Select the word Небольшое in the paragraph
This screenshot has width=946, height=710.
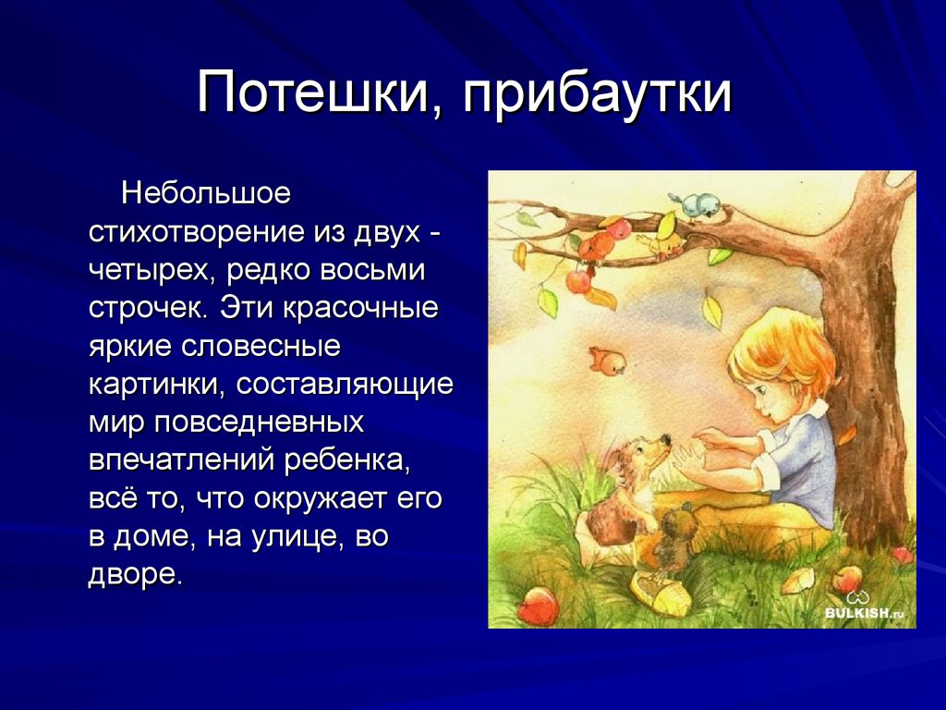coord(206,193)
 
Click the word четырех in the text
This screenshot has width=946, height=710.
coord(153,271)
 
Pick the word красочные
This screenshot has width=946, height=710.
coord(359,309)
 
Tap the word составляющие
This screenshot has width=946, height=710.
coord(344,386)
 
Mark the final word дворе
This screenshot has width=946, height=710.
coord(135,574)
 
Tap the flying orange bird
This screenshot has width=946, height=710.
coord(608,361)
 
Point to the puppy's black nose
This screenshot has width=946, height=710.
coord(664,439)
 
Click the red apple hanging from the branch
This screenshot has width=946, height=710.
coord(578,281)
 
